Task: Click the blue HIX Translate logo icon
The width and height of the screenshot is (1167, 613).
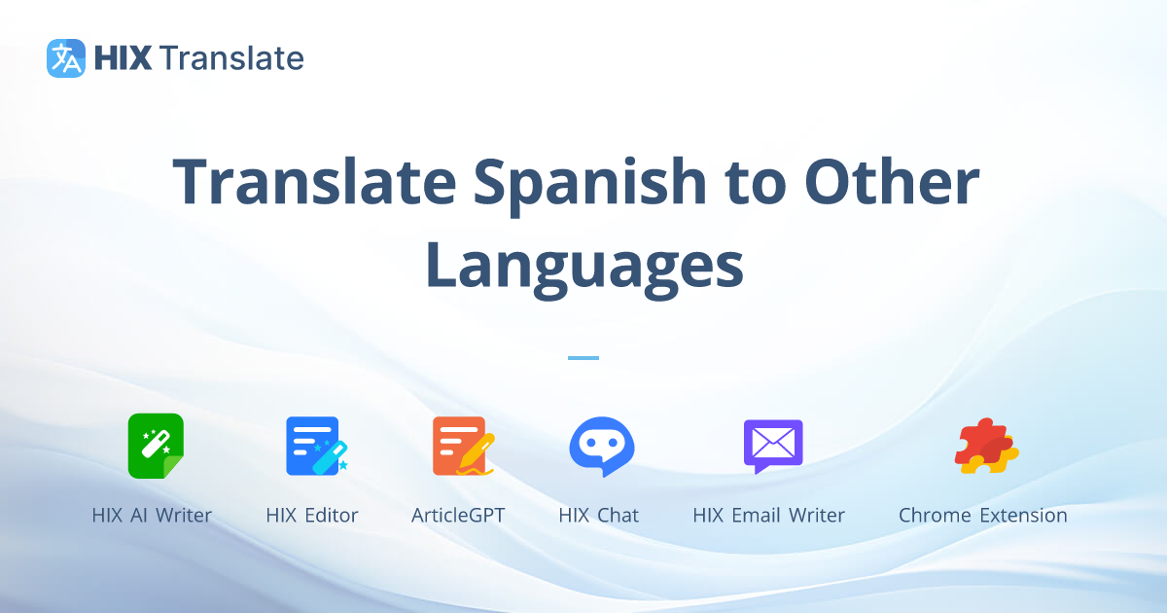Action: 66,58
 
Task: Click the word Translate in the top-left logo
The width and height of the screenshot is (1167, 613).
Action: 232,58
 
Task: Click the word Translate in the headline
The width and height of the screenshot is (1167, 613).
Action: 313,183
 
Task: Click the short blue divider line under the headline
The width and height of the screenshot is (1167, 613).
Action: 583,358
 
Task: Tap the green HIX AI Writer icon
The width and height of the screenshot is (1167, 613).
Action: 155,446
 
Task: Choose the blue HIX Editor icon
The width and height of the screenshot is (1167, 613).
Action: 315,446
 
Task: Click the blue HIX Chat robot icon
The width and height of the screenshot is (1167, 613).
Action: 601,446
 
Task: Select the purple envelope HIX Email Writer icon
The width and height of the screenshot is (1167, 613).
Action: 772,446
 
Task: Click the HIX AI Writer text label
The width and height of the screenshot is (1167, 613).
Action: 152,516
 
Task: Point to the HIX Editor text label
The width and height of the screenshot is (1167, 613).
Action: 312,516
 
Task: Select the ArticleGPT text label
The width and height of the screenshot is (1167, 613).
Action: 458,516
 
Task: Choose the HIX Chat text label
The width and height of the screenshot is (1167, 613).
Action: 599,516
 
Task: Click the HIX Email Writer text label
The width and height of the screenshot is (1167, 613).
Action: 768,516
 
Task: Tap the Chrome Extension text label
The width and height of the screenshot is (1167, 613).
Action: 982,516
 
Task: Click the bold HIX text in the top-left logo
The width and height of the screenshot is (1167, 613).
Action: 123,58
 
